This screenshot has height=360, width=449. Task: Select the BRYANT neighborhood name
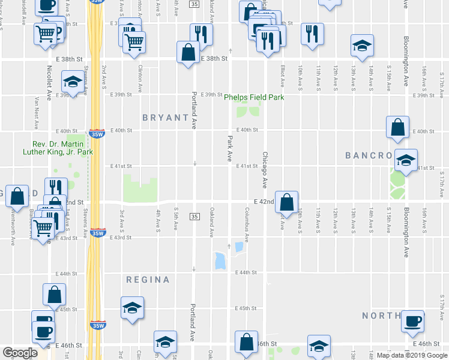click(x=166, y=118)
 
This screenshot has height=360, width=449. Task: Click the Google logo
click(x=20, y=353)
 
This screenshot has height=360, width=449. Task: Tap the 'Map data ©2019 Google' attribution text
click(x=412, y=355)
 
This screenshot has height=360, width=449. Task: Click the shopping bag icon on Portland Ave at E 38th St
click(x=188, y=52)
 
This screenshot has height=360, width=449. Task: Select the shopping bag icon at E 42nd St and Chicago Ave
click(x=288, y=203)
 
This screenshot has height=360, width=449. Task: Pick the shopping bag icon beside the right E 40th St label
click(x=397, y=127)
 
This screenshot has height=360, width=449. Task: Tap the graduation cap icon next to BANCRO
click(x=406, y=160)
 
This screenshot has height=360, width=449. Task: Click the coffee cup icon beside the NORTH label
click(x=412, y=321)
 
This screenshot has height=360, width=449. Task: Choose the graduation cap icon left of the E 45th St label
click(x=133, y=308)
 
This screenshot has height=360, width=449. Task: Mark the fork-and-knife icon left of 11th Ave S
click(x=312, y=34)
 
